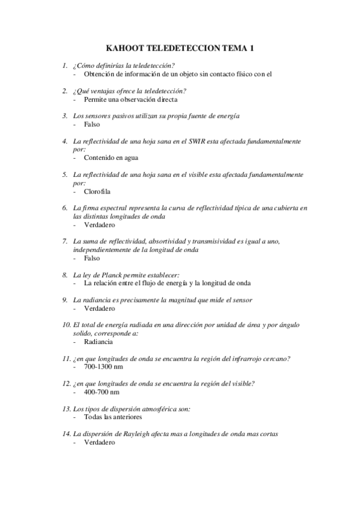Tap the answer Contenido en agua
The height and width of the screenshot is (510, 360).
[111, 158]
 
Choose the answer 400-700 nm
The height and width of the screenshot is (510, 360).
[102, 391]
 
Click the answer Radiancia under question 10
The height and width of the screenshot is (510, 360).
[99, 341]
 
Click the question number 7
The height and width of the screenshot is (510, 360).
[64, 241]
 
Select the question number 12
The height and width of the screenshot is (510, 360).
[66, 383]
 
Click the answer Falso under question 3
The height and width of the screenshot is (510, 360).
[92, 124]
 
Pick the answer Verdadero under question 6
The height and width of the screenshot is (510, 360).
[99, 225]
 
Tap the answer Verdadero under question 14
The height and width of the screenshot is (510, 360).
[99, 441]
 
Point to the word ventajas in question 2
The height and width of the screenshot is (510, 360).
[107, 91]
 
